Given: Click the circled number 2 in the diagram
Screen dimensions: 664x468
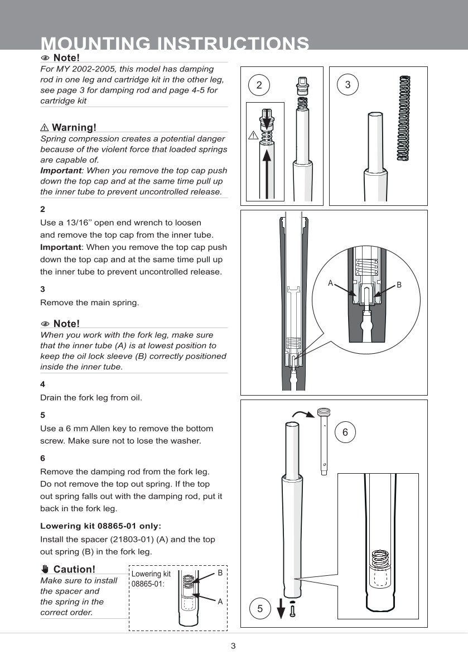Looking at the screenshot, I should (259, 85).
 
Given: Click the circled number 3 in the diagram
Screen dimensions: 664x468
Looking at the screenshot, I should (348, 85).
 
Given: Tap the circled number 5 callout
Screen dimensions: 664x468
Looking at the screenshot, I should (260, 609).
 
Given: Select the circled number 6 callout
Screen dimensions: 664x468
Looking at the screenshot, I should (345, 432).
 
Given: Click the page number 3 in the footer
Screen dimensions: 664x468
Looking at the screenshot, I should (234, 646).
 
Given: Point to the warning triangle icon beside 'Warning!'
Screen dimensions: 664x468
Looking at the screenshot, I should (45, 128).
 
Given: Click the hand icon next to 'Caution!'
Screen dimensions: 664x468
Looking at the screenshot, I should (45, 569).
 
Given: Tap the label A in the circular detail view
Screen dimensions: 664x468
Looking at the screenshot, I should (330, 283).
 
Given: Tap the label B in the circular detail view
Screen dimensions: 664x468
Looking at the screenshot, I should (399, 285).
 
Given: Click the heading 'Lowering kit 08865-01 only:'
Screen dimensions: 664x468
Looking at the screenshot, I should (100, 526).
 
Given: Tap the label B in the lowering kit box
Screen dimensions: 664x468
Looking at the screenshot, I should (220, 573).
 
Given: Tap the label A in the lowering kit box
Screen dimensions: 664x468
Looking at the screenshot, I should (220, 602).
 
